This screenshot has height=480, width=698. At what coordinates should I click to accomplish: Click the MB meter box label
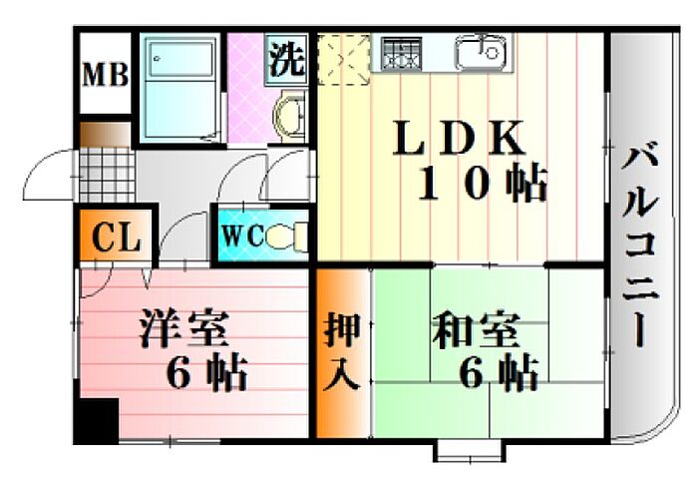[105, 75]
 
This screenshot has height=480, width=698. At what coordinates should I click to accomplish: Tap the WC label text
[242, 237]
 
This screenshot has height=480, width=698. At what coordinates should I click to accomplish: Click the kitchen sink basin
[482, 51]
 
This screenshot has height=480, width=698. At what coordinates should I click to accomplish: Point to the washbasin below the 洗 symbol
[288, 115]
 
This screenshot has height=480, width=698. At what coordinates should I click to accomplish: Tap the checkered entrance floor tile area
[105, 176]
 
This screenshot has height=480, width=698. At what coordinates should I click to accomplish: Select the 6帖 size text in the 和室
[499, 372]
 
